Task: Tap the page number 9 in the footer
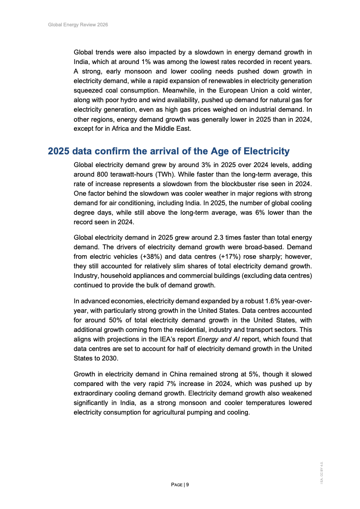[187, 484]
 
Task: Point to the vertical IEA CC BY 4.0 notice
[321, 473]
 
